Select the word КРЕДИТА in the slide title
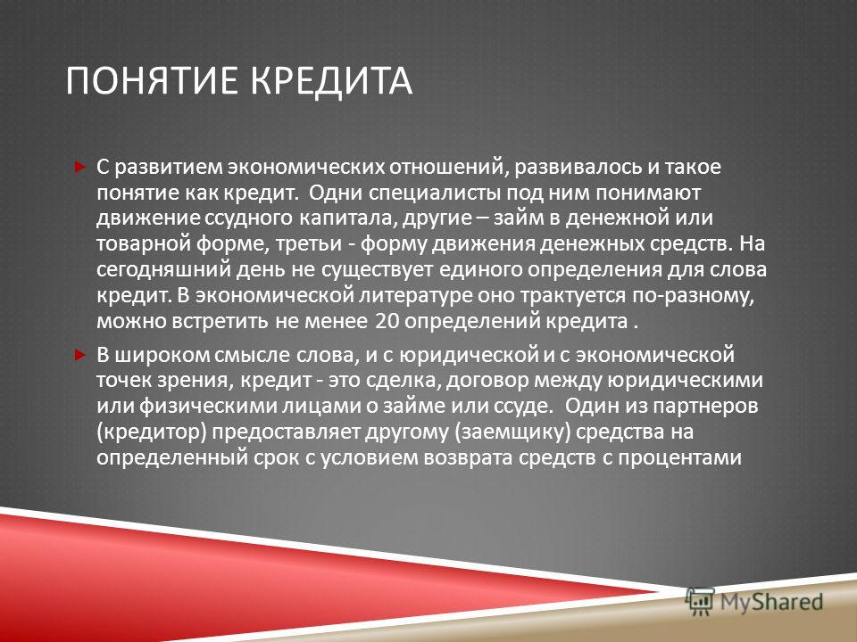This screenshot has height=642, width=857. pos(332,81)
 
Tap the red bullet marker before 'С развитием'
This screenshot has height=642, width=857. pos(81,166)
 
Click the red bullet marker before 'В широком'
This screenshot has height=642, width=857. pos(81,356)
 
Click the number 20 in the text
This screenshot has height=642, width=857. pos(387,320)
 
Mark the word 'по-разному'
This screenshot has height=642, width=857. pos(694,296)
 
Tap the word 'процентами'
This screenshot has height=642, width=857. pos(679,458)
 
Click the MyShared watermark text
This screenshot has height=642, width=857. pos(771,602)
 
